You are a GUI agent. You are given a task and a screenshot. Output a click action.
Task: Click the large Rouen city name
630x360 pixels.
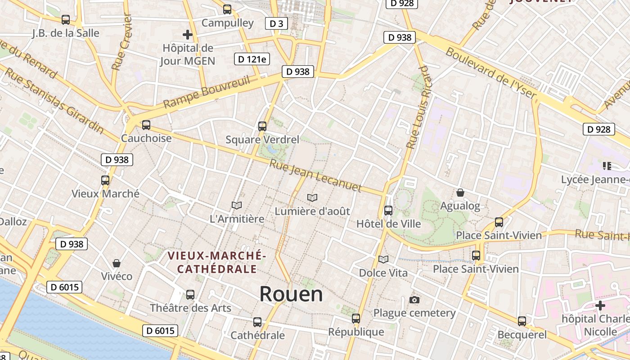(291, 294)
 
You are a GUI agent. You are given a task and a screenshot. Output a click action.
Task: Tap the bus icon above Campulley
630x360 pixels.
(227, 9)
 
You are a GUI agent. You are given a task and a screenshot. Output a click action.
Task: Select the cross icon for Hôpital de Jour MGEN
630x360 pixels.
(188, 35)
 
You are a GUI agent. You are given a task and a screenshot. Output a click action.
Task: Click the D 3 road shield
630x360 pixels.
(276, 23)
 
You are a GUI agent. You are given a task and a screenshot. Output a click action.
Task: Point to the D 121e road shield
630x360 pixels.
(252, 59)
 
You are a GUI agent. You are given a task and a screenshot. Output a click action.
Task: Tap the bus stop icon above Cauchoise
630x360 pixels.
(146, 125)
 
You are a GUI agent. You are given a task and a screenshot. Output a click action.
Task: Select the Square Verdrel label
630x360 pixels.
(262, 139)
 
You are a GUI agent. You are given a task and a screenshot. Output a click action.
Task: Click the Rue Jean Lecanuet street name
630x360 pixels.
(315, 175)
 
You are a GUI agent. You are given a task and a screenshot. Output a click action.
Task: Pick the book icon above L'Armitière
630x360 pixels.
(237, 206)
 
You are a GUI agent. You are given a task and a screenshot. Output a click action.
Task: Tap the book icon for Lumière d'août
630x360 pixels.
(312, 198)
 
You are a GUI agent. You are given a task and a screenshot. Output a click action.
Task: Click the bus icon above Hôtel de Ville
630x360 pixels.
(388, 210)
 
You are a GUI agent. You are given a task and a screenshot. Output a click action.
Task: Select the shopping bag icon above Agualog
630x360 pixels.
(460, 193)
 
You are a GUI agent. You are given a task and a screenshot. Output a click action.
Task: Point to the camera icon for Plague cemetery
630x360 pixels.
(414, 300)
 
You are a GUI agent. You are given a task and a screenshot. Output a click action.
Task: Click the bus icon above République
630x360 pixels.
(356, 319)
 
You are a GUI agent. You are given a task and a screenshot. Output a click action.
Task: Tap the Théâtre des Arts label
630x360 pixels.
(190, 308)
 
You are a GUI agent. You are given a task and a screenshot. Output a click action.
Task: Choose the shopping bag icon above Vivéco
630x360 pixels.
(117, 263)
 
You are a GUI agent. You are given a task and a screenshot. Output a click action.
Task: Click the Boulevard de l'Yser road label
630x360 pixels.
(491, 73)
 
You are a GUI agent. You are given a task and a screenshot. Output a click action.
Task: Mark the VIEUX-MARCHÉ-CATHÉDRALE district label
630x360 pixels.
(216, 262)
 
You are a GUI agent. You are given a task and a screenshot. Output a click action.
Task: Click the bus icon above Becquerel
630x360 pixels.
(522, 321)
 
